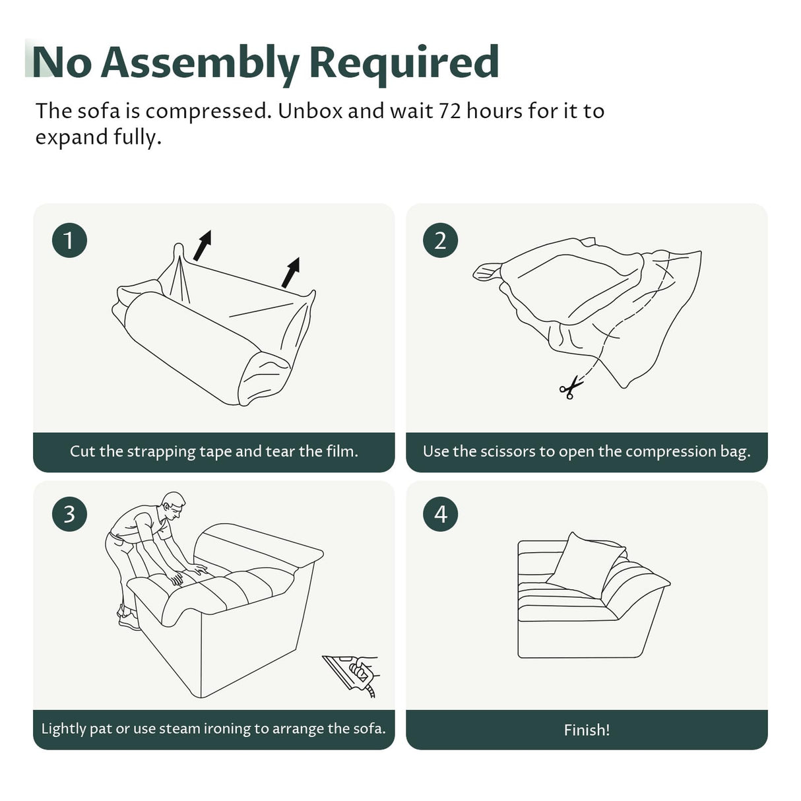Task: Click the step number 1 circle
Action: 69,240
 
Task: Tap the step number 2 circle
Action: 440,240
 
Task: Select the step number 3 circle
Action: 69,514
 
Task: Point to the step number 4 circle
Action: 440,514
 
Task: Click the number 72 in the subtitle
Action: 449,112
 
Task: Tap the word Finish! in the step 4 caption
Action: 587,730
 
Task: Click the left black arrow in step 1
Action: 203,245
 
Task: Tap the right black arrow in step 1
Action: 290,272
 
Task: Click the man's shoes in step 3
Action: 129,618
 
